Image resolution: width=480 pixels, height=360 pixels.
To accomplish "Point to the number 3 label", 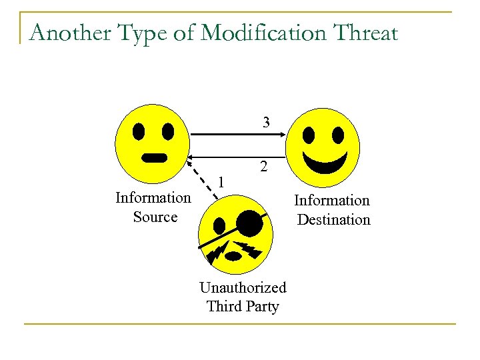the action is click(266, 122).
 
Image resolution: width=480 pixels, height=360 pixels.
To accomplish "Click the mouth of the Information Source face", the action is click(155, 158).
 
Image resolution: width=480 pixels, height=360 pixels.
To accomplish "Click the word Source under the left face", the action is click(155, 217).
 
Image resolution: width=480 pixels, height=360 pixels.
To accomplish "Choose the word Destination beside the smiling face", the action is click(333, 219).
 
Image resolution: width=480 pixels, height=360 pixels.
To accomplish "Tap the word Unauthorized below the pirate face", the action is click(243, 287).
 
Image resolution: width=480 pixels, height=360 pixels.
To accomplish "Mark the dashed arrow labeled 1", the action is click(203, 179).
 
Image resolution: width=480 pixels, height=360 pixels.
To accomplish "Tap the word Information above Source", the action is click(153, 197).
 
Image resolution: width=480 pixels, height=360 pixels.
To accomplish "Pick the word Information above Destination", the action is click(332, 200).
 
